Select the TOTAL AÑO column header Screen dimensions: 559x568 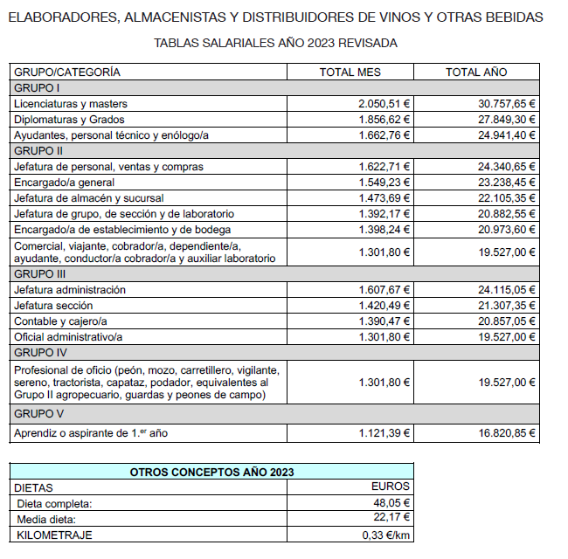coord(475,72)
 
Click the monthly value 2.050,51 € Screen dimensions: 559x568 coord(384,104)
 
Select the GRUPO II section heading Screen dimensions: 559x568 coord(37,151)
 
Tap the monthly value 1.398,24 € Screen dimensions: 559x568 coord(384,230)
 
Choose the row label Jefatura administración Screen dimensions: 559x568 coord(70,290)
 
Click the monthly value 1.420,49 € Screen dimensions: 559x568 coord(384,306)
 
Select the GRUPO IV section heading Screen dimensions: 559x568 coord(38,353)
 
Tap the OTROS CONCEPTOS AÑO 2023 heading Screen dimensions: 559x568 coord(211,472)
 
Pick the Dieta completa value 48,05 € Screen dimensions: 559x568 coord(392,503)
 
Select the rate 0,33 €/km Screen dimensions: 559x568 coord(386,535)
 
